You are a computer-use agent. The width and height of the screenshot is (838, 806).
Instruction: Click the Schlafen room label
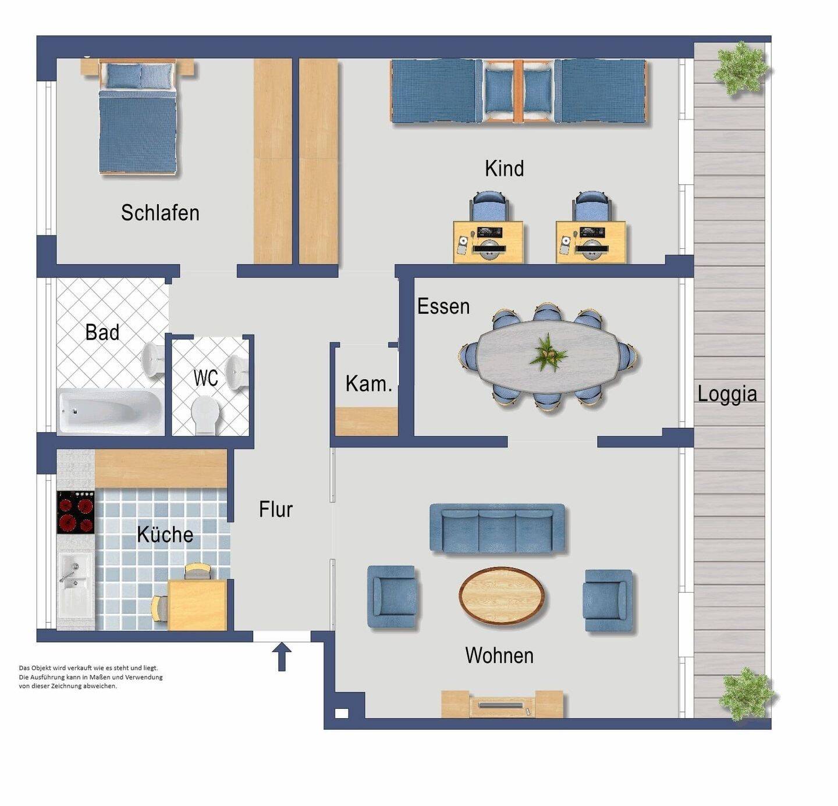click(x=160, y=213)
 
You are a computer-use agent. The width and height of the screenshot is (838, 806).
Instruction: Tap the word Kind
click(x=505, y=169)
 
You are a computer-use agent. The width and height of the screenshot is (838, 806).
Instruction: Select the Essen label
click(x=443, y=306)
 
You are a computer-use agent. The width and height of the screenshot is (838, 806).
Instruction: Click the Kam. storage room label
click(x=368, y=383)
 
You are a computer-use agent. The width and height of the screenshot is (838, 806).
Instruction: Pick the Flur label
click(x=276, y=509)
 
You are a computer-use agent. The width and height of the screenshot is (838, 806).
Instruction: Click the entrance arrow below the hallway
click(x=282, y=656)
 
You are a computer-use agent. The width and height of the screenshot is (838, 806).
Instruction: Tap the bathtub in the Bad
click(x=111, y=411)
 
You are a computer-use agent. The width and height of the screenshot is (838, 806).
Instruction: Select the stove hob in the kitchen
click(x=76, y=512)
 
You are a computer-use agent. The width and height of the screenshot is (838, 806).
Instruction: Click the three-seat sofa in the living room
click(x=498, y=529)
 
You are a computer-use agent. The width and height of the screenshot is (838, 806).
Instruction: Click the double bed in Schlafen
click(x=138, y=116)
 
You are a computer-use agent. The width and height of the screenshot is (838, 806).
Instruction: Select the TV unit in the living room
click(x=502, y=704)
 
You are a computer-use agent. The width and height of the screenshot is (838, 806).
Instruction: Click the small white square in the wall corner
click(x=342, y=714)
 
